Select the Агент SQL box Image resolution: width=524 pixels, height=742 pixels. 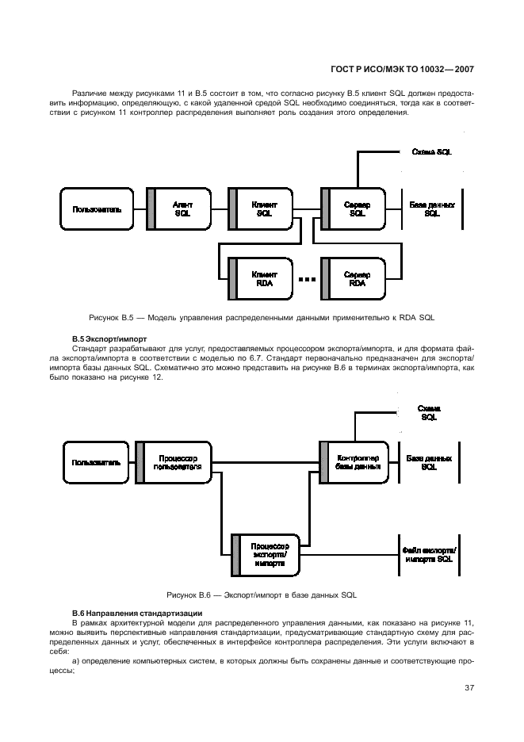pos(181,208)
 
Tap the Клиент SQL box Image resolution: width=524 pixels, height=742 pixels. pos(264,208)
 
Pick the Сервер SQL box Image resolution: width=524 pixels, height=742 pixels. pos(356,208)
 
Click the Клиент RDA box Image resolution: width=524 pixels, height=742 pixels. pos(264,278)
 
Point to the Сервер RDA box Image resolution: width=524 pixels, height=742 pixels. pos(356,278)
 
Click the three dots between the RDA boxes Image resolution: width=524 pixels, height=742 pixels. pos(307,280)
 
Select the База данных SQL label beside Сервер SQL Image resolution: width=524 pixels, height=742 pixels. pos(432,208)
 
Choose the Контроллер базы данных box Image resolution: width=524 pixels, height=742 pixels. pos(356,462)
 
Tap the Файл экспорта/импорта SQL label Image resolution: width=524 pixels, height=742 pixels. pos(429,553)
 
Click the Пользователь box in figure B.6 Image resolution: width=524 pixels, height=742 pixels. pos(96,462)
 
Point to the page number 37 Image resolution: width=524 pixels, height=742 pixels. pos(469,687)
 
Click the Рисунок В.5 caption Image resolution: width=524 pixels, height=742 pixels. pos(262,317)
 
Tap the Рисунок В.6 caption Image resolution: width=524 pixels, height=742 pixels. pos(262,594)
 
